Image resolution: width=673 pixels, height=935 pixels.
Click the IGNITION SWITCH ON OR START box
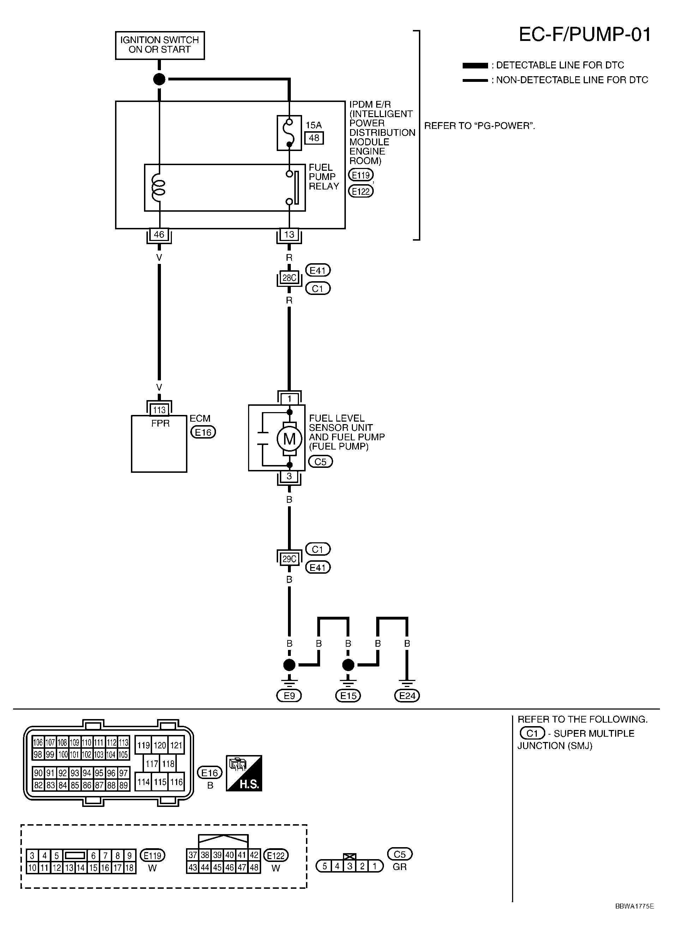(160, 45)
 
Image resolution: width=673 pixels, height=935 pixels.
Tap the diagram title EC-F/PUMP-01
(584, 35)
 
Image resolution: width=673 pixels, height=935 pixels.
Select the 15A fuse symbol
(289, 133)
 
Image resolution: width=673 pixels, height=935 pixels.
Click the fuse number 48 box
(314, 138)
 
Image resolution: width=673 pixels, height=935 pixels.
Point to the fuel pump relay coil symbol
(158, 188)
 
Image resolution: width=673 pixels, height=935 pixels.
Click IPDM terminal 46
(159, 235)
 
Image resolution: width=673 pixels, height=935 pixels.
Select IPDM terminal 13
(289, 235)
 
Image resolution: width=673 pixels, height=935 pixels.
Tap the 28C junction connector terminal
(289, 278)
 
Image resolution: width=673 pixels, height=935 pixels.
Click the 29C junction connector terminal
(289, 559)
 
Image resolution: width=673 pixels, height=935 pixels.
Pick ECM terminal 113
(159, 410)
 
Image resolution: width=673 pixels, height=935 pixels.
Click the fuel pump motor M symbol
(289, 439)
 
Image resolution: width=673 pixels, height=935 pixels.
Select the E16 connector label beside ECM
(203, 432)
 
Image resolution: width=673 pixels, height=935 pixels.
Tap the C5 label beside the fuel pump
(320, 462)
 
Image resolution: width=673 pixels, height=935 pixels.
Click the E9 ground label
(289, 696)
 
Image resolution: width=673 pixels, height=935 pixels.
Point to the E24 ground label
(407, 696)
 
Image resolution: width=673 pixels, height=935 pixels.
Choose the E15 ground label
(348, 696)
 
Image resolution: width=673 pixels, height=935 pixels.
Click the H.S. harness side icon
(244, 773)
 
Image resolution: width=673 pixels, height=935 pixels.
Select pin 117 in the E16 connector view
(152, 764)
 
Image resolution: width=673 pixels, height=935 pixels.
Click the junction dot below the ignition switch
(159, 79)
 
